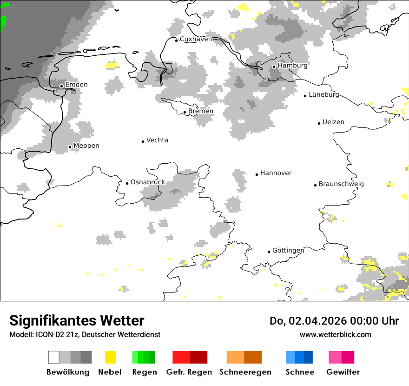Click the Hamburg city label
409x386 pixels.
point(292,66)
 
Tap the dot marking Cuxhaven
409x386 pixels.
point(177,40)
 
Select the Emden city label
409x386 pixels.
point(76,85)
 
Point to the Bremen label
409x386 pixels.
point(201,111)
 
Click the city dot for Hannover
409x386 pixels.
point(257,174)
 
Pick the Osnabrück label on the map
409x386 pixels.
point(148,182)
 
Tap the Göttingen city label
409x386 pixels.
point(288,251)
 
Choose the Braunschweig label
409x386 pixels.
point(341,184)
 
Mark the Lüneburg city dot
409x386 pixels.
point(305,96)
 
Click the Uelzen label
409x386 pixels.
point(333,122)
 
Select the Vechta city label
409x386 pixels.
point(157,140)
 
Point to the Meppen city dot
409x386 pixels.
point(70,147)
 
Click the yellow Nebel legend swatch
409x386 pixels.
point(110,357)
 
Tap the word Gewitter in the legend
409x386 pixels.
point(343,372)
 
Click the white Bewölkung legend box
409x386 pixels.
point(53,357)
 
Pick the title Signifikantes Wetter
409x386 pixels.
point(77,321)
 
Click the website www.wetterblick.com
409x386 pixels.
point(335,335)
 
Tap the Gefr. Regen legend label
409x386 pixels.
point(189,372)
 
